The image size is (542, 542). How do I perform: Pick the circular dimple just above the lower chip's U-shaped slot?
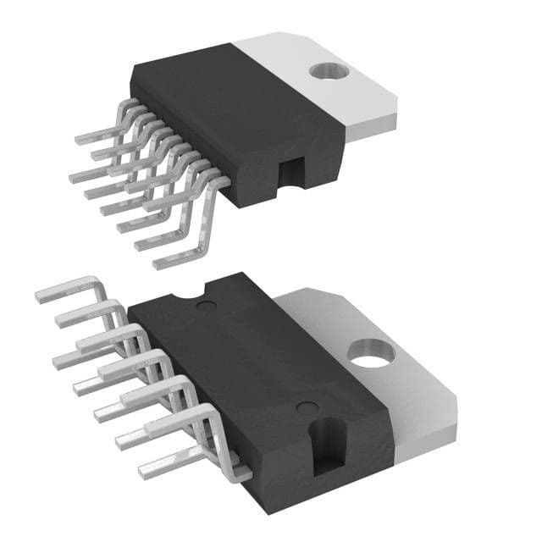pos(303,407)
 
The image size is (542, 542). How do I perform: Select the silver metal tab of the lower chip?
pos(398,373)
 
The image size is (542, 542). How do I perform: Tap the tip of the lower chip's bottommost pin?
pos(142,468)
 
